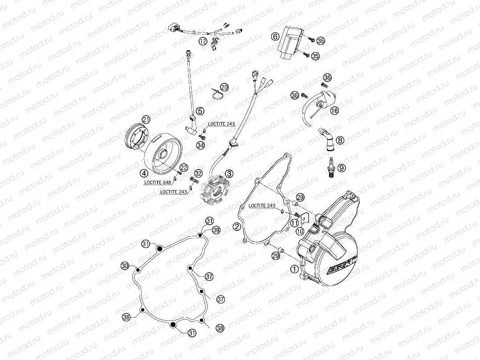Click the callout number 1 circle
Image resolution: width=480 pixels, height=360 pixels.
pyautogui.click(x=293, y=268)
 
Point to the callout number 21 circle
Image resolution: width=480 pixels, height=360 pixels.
pyautogui.click(x=146, y=119)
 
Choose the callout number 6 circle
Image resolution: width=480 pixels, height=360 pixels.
pyautogui.click(x=274, y=36)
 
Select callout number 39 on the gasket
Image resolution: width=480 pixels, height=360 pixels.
pyautogui.click(x=216, y=230)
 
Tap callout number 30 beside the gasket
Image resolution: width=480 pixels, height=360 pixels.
pyautogui.click(x=125, y=266)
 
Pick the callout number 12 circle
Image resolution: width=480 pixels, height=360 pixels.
pyautogui.click(x=203, y=42)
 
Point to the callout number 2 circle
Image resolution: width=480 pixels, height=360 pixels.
pyautogui.click(x=237, y=227)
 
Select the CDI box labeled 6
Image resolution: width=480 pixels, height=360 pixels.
pyautogui.click(x=288, y=42)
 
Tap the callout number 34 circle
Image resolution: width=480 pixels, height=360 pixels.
pyautogui.click(x=200, y=145)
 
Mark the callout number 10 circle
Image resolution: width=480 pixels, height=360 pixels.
pyautogui.click(x=300, y=231)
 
